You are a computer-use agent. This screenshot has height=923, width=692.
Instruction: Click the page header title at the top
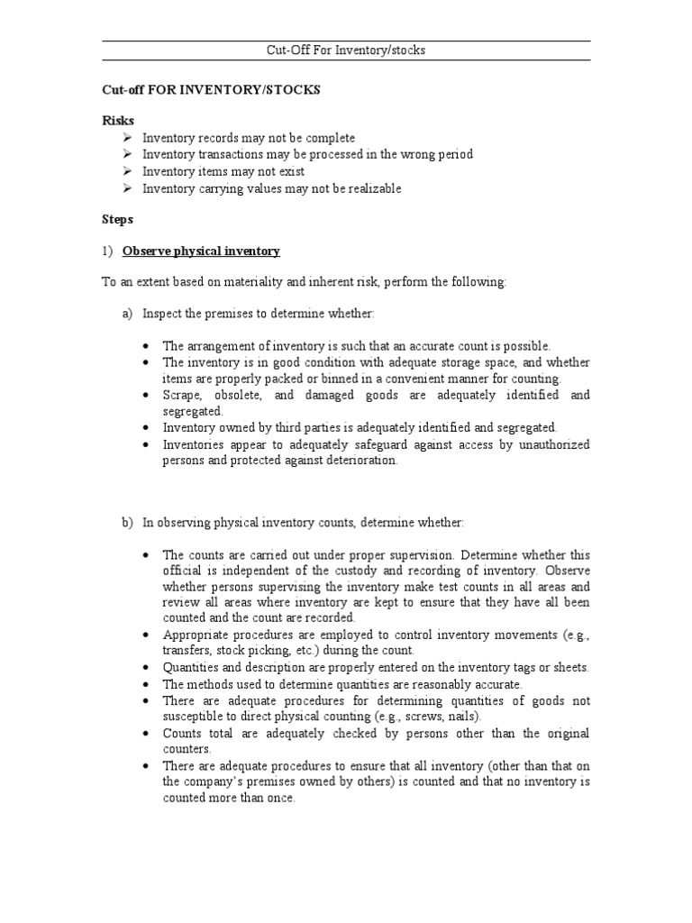pyautogui.click(x=345, y=50)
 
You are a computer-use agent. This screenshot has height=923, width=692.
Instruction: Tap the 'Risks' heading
pyautogui.click(x=117, y=121)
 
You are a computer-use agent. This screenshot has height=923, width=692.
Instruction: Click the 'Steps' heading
pyautogui.click(x=117, y=219)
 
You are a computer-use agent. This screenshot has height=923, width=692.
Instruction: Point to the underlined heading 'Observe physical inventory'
pyautogui.click(x=201, y=251)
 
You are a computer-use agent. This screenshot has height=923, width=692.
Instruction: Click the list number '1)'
pyautogui.click(x=108, y=251)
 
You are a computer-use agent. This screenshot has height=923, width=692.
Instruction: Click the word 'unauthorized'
pyautogui.click(x=553, y=444)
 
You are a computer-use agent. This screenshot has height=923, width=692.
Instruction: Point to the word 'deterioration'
pyautogui.click(x=359, y=460)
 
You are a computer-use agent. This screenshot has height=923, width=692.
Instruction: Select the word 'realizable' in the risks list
pyautogui.click(x=372, y=188)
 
